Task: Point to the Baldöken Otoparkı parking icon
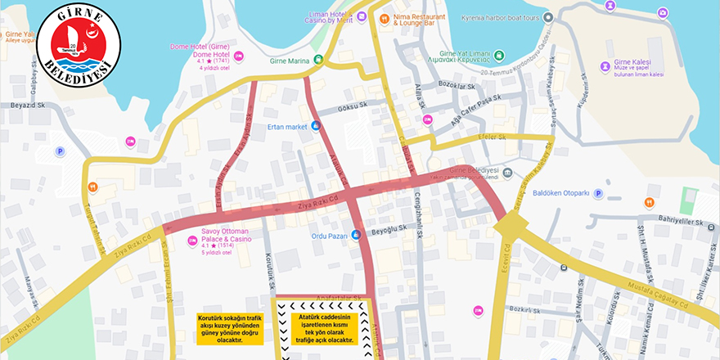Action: click(598, 194)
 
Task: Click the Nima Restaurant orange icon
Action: click(382, 18)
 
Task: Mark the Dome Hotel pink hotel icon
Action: click(239, 56)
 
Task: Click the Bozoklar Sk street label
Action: click(457, 85)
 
